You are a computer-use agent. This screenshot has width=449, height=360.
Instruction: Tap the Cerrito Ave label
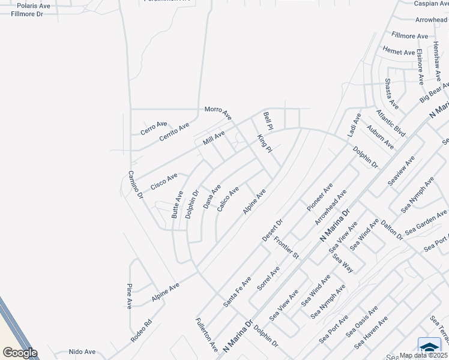174,132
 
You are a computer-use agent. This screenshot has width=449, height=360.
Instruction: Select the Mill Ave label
214,139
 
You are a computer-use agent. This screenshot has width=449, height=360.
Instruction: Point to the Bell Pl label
268,121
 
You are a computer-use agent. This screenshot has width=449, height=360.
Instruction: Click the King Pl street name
264,144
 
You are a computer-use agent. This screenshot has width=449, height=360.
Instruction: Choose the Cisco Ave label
164,182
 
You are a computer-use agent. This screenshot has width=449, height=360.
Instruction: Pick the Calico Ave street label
228,198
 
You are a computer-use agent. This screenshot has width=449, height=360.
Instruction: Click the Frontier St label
286,247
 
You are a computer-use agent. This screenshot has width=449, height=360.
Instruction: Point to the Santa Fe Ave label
237,292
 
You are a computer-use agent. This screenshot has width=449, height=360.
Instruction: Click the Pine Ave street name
129,296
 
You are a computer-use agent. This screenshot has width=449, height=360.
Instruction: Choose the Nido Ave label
82,352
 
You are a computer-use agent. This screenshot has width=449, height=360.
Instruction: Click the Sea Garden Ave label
426,223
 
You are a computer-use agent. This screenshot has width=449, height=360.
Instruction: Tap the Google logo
20,352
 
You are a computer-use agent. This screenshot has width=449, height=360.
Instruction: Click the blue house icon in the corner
429,347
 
